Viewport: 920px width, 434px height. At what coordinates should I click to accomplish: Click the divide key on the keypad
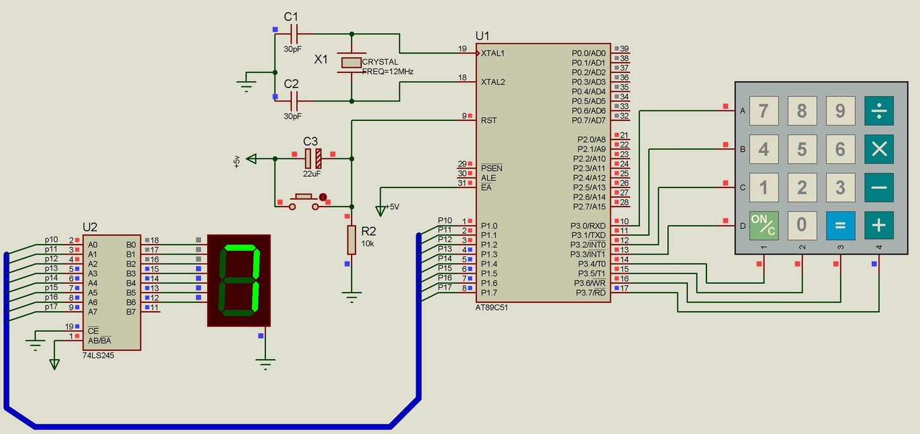878,111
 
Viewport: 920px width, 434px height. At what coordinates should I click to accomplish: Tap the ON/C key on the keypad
763,225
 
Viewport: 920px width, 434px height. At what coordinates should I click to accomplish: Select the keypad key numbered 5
802,149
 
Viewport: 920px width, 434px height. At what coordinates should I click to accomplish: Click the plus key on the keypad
878,225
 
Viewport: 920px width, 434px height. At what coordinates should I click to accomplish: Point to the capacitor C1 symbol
293,34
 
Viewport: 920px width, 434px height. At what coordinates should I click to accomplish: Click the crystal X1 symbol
351,62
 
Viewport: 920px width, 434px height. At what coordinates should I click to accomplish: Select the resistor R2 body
352,240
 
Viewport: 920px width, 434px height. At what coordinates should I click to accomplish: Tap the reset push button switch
305,199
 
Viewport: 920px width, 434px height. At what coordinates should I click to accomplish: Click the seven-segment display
239,281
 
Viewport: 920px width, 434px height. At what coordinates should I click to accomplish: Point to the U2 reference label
90,227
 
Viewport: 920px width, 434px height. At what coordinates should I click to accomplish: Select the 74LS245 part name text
99,355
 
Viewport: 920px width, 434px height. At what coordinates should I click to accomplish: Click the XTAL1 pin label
493,53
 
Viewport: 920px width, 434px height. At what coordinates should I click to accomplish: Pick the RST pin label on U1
489,120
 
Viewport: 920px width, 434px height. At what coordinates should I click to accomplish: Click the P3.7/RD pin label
590,292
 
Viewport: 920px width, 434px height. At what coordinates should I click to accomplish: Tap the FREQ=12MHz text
388,72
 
